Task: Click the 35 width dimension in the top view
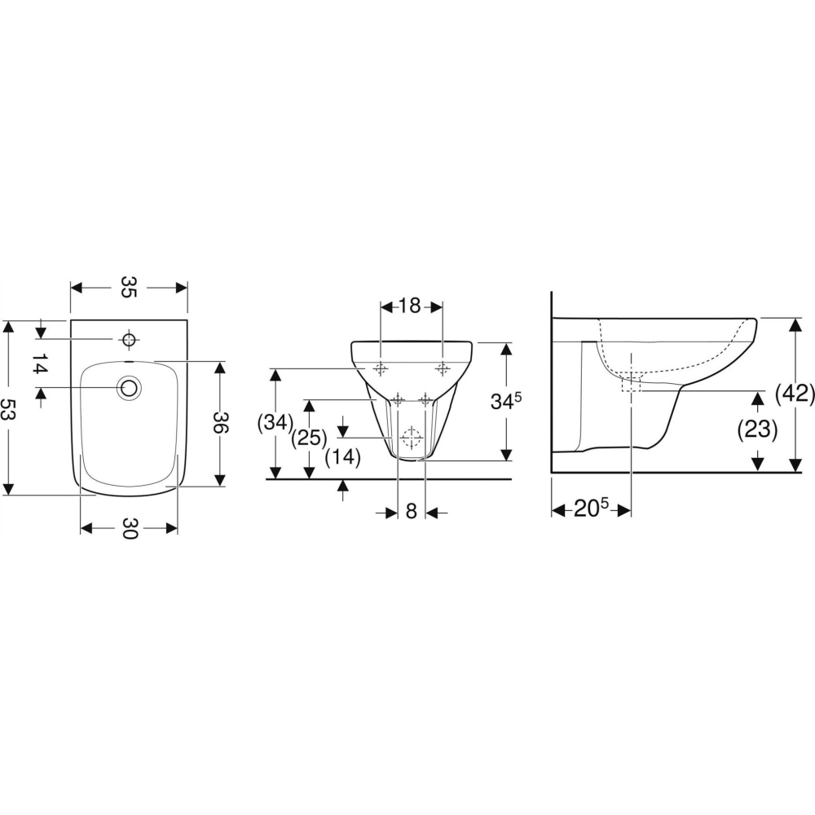tap(129, 287)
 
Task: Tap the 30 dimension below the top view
tap(129, 528)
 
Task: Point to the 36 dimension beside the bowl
tap(220, 422)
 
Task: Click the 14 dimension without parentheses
tap(40, 363)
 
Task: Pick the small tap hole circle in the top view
tap(129, 339)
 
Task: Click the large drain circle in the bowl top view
tap(130, 387)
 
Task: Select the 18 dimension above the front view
tap(410, 306)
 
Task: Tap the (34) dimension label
tap(275, 422)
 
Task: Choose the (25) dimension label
tap(309, 438)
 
